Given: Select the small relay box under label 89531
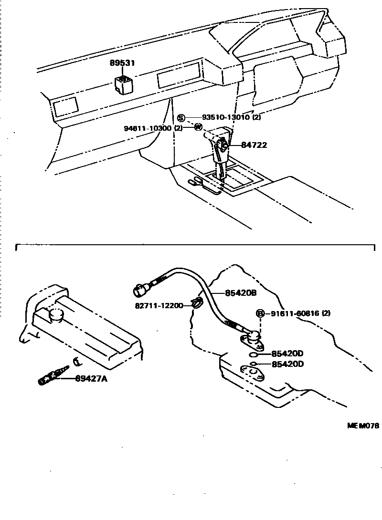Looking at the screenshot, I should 123,84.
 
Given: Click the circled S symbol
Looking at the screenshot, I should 181,118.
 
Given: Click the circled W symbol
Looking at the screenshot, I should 198,127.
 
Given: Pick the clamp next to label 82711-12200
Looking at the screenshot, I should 197,302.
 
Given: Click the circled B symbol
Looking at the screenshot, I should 260,313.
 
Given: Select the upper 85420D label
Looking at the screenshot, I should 287,354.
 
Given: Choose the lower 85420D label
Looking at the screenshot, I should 287,364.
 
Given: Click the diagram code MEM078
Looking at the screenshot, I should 362,426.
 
